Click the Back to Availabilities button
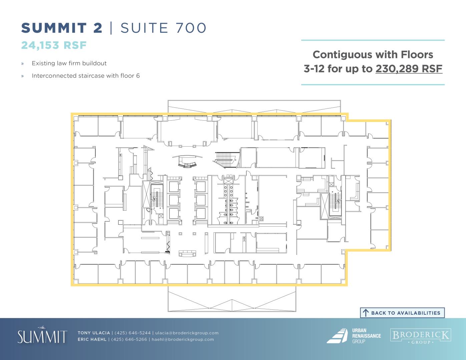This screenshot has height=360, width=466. coord(402,313)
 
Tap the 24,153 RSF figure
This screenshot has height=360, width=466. coord(54,45)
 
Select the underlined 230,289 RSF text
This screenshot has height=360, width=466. coord(409,69)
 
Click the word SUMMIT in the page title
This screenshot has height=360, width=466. coord(54,28)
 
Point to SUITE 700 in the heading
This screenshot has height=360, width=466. coord(163,28)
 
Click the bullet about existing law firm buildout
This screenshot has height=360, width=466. coord(69,63)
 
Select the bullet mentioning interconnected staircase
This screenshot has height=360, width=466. coord(86,76)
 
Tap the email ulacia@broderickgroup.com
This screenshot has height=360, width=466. coord(187,333)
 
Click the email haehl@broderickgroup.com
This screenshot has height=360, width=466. coord(183,339)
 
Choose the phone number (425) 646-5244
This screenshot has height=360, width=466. coord(132,333)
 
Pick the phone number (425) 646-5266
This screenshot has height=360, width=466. coord(129,339)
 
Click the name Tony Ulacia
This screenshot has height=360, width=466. coord(94,333)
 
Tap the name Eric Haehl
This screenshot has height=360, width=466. coord(92,339)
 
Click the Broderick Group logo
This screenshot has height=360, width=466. coord(421,336)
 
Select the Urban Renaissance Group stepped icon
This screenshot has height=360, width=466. coord(337,336)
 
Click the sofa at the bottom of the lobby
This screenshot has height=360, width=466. coord(187,253)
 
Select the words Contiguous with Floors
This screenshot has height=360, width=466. coord(373,55)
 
